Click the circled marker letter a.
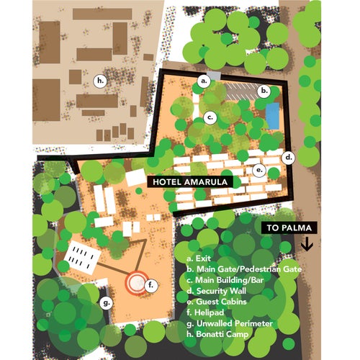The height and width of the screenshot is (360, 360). (204, 81)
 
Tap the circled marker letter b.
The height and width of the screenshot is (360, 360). (264, 91)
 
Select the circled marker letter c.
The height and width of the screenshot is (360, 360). (210, 117)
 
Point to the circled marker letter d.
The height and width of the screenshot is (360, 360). (289, 156)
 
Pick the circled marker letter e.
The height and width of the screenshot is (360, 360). (260, 170)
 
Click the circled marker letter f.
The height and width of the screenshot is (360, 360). (150, 285)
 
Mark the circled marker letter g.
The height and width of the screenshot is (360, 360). (106, 302)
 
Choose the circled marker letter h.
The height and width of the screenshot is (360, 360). (100, 80)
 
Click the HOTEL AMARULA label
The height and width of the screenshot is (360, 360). (189, 183)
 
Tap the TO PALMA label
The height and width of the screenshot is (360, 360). (291, 228)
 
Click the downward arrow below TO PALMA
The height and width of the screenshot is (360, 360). (307, 245)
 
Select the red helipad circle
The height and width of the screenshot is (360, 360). (135, 283)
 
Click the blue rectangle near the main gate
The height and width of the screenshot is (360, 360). (272, 114)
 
